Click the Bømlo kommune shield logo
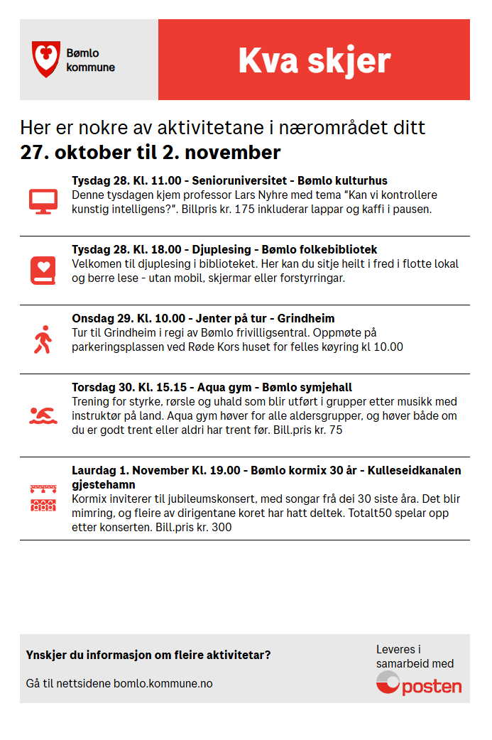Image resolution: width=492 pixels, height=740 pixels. tap(45, 59)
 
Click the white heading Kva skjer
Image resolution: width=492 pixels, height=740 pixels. tap(314, 60)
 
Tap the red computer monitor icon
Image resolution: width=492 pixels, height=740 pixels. tap(43, 201)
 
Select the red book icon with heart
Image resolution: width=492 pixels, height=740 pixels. tap(43, 270)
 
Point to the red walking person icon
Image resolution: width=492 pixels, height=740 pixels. tap(43, 339)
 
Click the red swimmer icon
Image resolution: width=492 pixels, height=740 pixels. tap(43, 415)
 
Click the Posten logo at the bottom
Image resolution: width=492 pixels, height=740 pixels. tap(419, 683)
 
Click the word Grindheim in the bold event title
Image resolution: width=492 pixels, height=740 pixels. tap(306, 318)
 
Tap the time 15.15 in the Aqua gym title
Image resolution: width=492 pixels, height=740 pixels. tap(171, 387)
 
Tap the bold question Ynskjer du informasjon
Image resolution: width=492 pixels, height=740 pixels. tap(148, 655)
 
